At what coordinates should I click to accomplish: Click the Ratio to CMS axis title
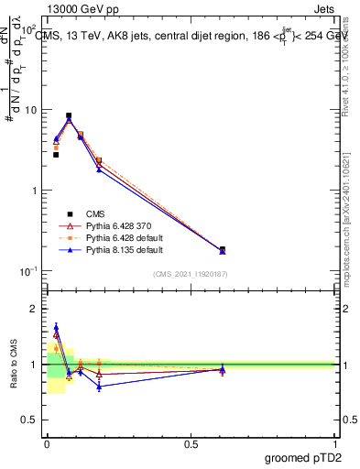click(13, 364)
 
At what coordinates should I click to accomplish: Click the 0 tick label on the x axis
click(46, 443)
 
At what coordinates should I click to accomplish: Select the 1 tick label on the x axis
click(335, 443)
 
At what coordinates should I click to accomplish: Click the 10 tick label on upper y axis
click(31, 110)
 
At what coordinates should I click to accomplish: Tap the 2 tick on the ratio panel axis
click(35, 309)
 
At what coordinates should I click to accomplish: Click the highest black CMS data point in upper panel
click(69, 116)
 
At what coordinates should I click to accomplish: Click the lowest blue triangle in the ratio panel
click(99, 387)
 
